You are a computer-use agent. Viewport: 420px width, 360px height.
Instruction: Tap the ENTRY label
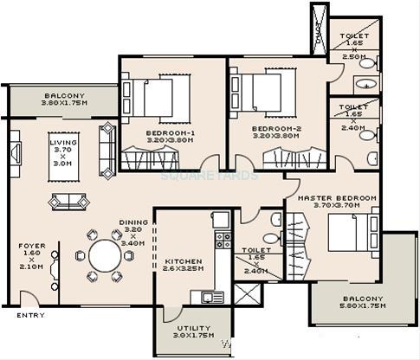point(30,315)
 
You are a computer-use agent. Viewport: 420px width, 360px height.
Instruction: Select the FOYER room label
point(31,256)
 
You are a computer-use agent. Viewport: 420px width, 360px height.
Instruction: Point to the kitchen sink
point(212,297)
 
